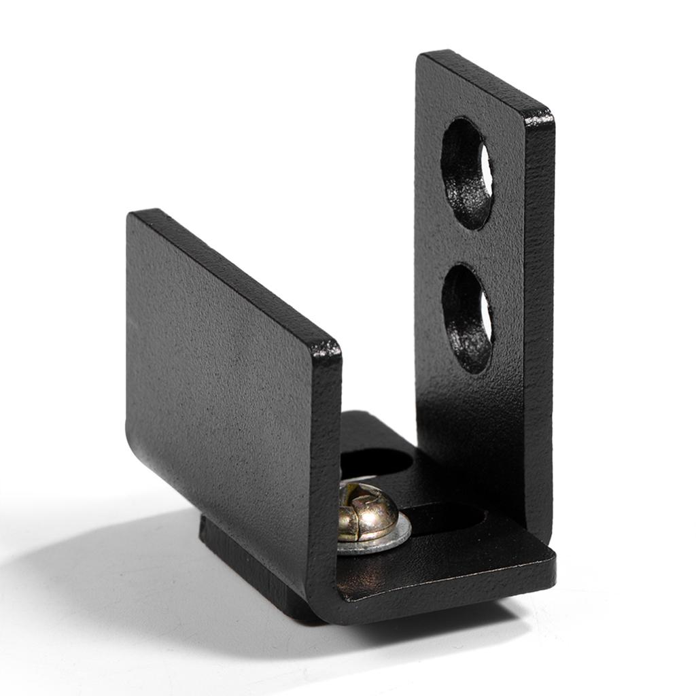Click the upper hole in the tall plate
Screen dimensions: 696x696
point(466,173)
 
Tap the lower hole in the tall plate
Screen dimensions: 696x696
point(466,318)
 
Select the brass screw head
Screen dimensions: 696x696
point(367,512)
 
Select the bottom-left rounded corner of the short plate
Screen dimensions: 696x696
point(132,435)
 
